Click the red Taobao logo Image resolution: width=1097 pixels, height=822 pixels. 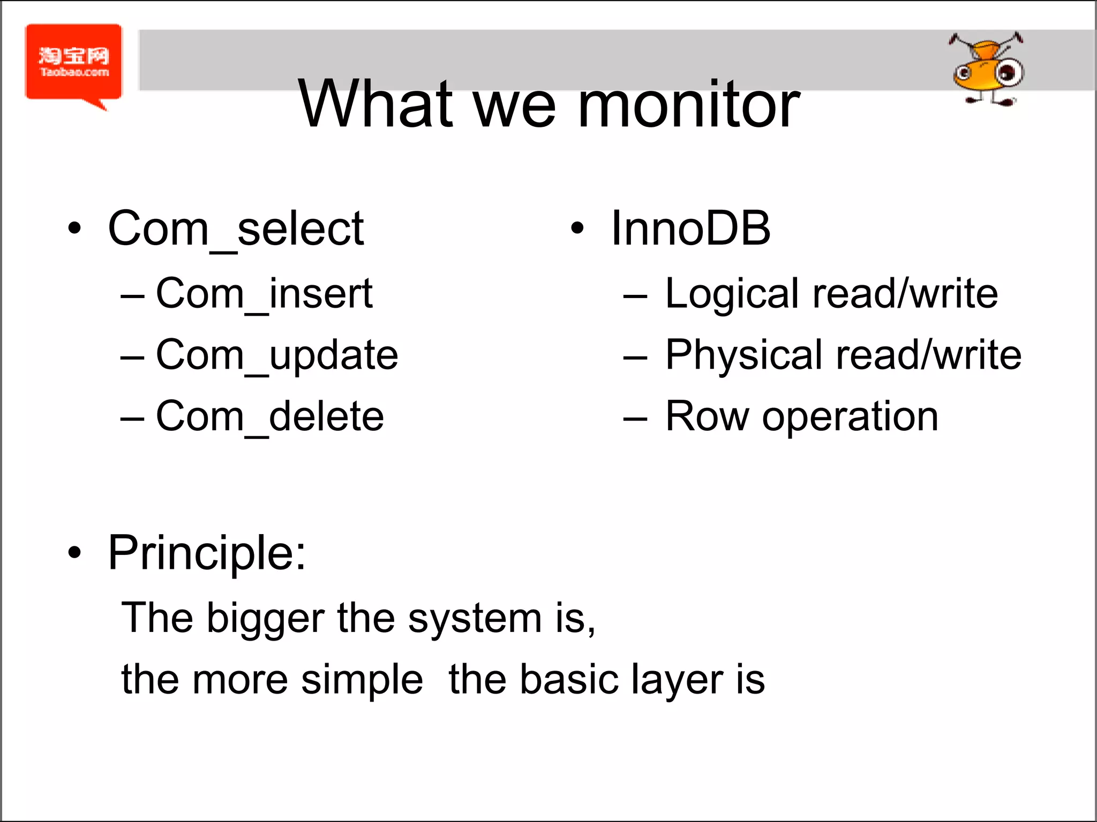pyautogui.click(x=73, y=63)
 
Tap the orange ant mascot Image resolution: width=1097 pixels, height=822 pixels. pyautogui.click(x=987, y=70)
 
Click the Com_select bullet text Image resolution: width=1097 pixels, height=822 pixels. pyautogui.click(x=236, y=229)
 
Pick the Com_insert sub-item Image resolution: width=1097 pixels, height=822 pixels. pyautogui.click(x=264, y=294)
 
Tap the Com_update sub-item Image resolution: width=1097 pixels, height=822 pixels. pyautogui.click(x=276, y=355)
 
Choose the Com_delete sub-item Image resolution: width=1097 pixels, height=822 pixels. pyautogui.click(x=269, y=416)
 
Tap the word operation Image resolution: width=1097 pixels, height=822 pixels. pyautogui.click(x=850, y=417)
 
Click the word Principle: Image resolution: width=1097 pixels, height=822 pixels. pyautogui.click(x=207, y=554)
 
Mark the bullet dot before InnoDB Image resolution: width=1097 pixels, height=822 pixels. pyautogui.click(x=576, y=229)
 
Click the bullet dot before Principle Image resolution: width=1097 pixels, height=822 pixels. pyautogui.click(x=74, y=553)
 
